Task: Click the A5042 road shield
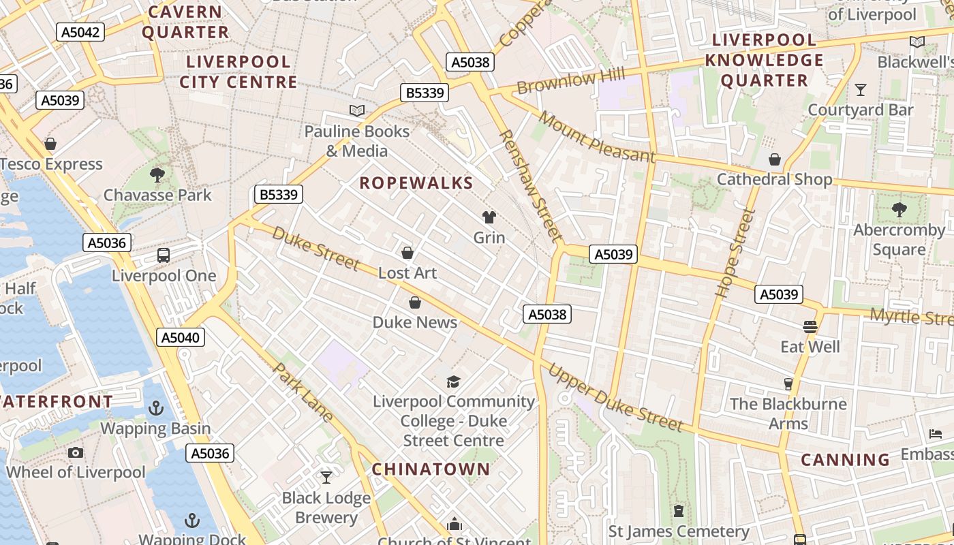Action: (x=80, y=32)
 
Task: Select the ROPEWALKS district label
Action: (x=416, y=183)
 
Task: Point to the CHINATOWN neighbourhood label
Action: (x=431, y=469)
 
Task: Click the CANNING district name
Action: (x=845, y=460)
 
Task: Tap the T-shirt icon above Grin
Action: (x=489, y=218)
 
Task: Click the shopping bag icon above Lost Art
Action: (x=407, y=253)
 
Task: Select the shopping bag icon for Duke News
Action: (x=414, y=302)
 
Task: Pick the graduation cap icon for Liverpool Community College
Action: (x=453, y=381)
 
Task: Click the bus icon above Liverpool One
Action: (x=164, y=256)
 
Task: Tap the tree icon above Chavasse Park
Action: (x=157, y=175)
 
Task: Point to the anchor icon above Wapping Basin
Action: (x=156, y=408)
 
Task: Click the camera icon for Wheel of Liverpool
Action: (x=76, y=452)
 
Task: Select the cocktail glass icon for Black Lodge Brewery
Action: (x=326, y=478)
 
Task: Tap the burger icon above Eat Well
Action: (x=810, y=327)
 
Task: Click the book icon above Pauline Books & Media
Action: (x=357, y=110)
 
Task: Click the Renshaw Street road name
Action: (x=530, y=185)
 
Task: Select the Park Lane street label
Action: (x=304, y=392)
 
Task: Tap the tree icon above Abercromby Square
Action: (x=899, y=210)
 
